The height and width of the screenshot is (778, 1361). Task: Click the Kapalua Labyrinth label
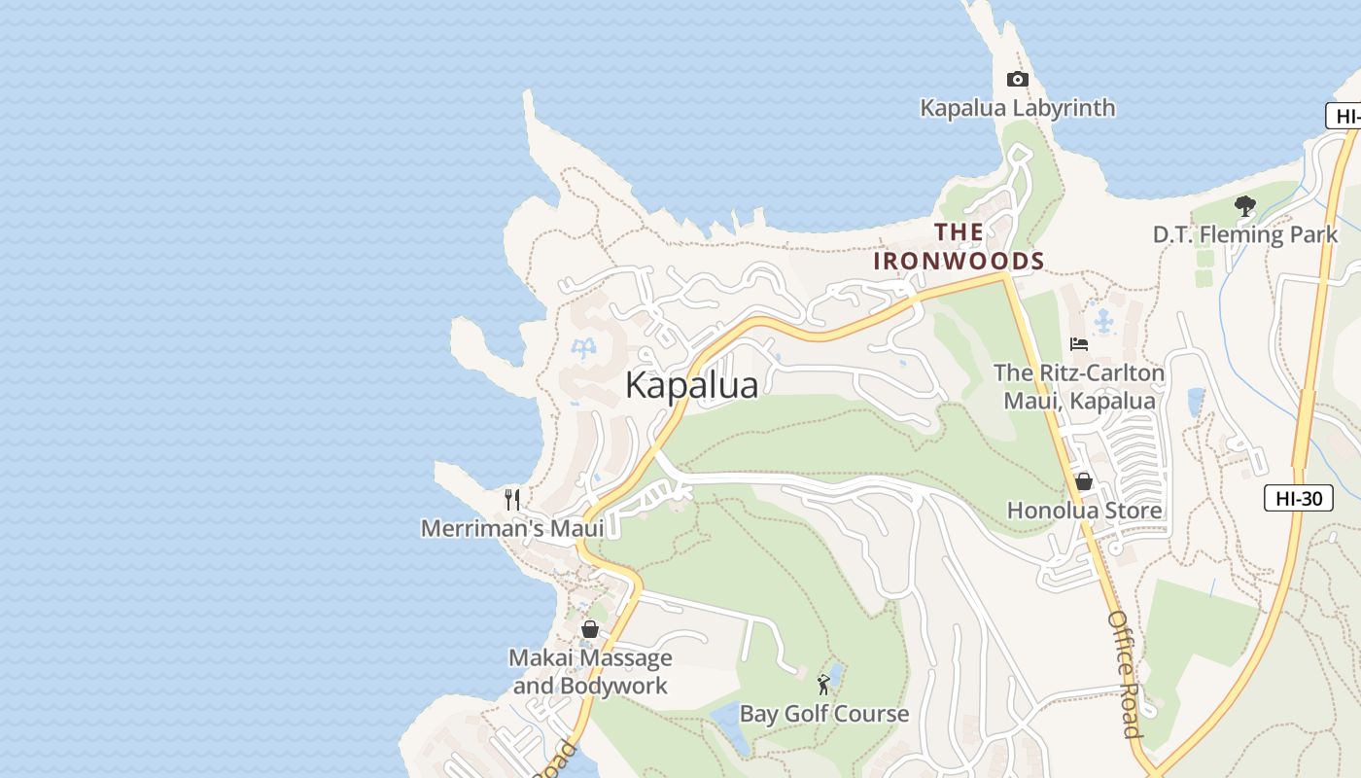coord(1018,107)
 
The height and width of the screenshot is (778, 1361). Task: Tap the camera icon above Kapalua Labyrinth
coord(1018,80)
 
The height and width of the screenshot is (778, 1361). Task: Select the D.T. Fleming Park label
coord(1245,234)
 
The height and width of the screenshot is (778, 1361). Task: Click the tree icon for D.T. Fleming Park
coord(1244,205)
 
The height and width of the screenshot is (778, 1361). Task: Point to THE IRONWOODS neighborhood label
coord(959,247)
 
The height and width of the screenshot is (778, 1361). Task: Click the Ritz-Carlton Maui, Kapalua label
coord(1079,387)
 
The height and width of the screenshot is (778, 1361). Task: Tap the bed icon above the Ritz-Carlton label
coord(1079,344)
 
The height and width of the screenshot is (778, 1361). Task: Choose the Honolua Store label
coord(1084,511)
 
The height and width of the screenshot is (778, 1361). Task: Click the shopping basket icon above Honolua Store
coord(1084,481)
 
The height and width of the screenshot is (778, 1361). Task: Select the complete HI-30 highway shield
coord(1299,499)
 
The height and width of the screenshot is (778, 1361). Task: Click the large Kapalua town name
coord(691,385)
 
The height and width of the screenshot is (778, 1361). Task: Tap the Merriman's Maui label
coord(512,528)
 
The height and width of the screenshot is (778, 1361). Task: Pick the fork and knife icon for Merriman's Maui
coord(512,500)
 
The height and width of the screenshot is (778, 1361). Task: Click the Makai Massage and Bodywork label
coord(591,672)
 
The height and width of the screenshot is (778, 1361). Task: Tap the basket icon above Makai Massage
coord(590,629)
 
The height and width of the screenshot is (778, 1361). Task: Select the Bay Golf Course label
coord(824,714)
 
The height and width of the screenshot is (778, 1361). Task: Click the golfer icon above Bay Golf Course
coord(824,685)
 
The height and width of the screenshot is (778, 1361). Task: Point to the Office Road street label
coord(1124,674)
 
